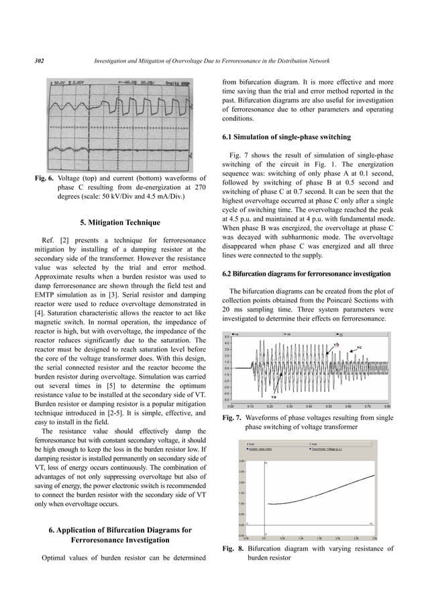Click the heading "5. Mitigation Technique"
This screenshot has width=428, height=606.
117,222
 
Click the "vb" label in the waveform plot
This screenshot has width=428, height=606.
335,344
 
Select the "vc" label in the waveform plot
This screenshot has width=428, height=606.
360,347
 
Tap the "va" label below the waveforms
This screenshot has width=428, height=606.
274,397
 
